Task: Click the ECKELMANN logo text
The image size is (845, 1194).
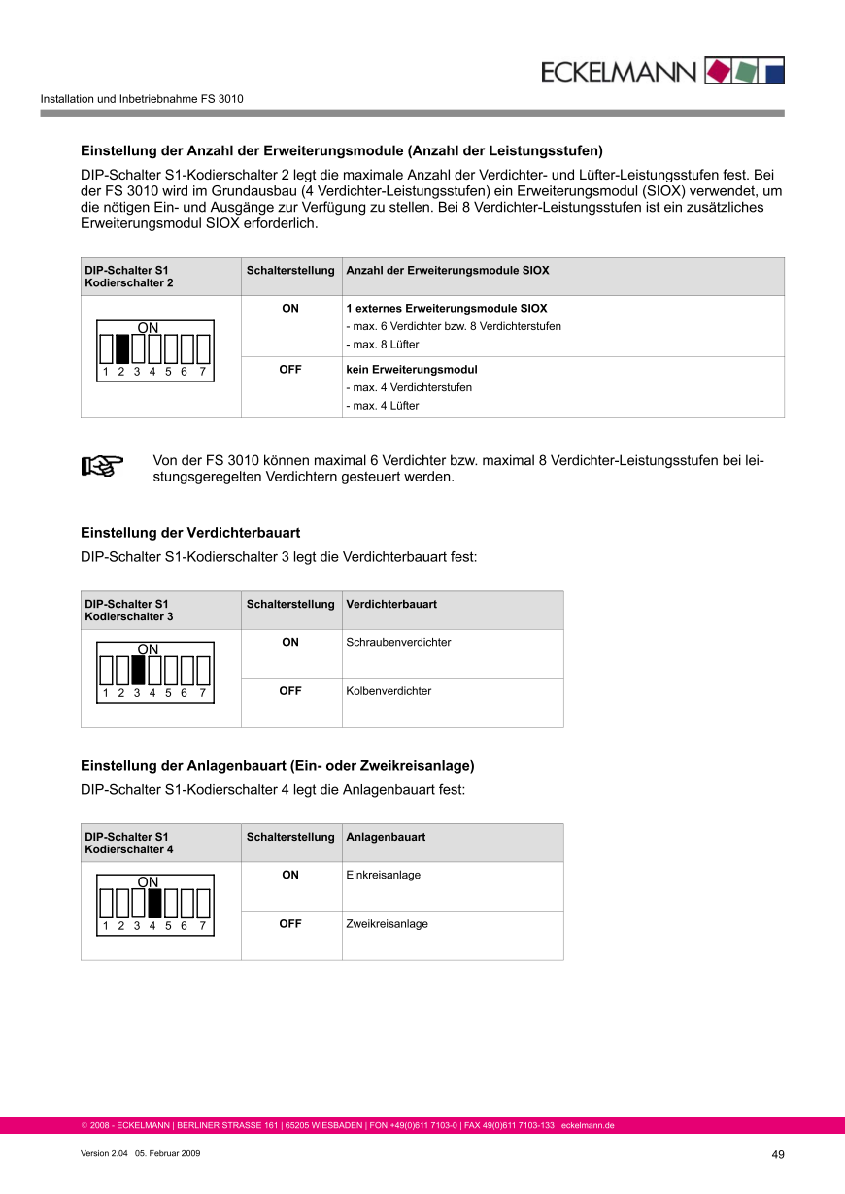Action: pos(619,72)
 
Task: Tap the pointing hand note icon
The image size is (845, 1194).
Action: pos(102,467)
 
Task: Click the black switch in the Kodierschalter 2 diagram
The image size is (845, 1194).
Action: pos(122,348)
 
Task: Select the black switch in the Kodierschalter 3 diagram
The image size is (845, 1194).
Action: pos(138,671)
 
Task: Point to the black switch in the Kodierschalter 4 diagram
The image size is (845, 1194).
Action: pos(153,904)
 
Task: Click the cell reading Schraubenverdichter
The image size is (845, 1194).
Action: pos(398,642)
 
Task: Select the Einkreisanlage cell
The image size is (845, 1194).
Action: pos(383,875)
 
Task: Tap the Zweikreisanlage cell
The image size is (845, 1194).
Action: pos(387,924)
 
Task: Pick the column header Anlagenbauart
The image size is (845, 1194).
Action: pos(386,837)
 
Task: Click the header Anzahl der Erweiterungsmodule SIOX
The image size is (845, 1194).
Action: pos(447,270)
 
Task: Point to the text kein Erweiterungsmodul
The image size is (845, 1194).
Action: pos(412,370)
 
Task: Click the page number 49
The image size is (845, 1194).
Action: pos(777,1154)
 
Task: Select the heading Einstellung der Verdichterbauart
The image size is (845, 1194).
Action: pos(190,533)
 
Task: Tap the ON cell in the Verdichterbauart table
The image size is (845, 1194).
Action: pos(290,642)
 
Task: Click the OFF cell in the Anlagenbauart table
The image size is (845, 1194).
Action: pos(290,924)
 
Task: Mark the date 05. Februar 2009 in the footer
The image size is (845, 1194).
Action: pos(167,1153)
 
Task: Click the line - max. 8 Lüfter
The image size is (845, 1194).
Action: pos(383,345)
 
